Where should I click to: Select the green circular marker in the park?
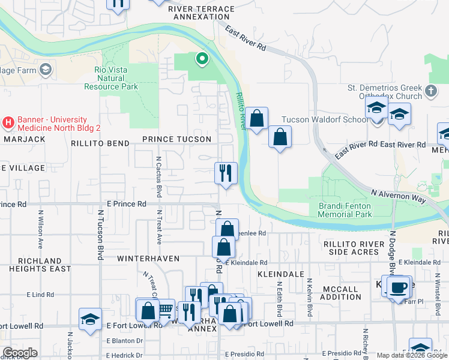tap(202, 59)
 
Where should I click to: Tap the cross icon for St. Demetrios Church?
tap(430, 92)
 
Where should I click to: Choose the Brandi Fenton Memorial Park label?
tap(345, 210)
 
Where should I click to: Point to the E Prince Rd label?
tap(126, 204)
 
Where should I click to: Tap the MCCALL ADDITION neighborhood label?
tap(342, 293)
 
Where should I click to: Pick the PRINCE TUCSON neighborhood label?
tap(176, 139)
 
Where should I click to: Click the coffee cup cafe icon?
tap(398, 286)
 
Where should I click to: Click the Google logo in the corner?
tap(20, 353)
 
